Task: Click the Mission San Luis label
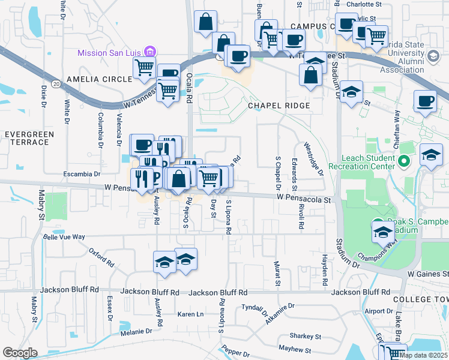tap(110, 53)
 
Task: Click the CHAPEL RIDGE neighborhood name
tap(279, 106)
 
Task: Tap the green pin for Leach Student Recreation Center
tap(404, 161)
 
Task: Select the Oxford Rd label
tap(101, 257)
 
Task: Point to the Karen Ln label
tap(191, 314)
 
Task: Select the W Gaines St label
tap(427, 274)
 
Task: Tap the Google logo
tap(20, 353)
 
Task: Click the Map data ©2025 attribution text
tap(423, 355)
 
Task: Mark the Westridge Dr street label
tap(314, 158)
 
